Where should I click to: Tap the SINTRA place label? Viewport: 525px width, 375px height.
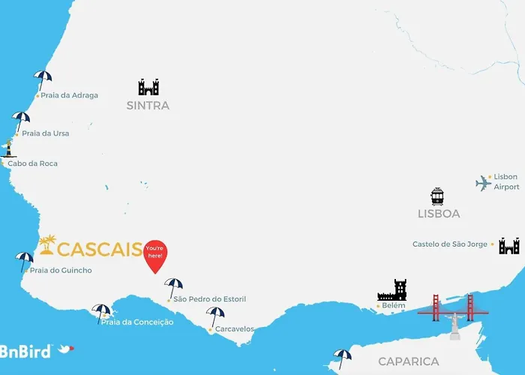148,106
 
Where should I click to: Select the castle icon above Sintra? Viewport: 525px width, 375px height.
148,87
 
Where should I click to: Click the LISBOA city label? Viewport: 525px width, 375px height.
439,214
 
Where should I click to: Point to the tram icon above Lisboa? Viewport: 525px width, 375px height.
437,196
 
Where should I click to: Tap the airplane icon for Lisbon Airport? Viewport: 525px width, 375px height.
484,182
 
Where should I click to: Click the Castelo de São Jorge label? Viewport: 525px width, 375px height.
450,244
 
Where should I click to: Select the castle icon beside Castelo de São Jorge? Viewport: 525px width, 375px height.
509,245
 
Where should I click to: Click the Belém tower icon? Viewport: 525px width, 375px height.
392,291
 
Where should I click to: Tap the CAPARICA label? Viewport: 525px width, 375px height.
409,361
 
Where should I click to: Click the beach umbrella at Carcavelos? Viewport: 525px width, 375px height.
216,316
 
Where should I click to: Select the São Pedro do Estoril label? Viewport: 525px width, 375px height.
209,299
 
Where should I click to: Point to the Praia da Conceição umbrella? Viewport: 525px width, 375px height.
101,312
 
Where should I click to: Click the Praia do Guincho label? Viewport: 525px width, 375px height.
61,270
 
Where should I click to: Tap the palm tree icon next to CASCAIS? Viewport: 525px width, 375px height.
48,244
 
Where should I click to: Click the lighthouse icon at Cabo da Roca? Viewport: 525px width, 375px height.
9,148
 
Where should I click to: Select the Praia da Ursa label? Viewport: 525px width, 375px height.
46,133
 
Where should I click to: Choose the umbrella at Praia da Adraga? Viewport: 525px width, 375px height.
43,79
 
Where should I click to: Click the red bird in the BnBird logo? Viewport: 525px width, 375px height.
66,349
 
